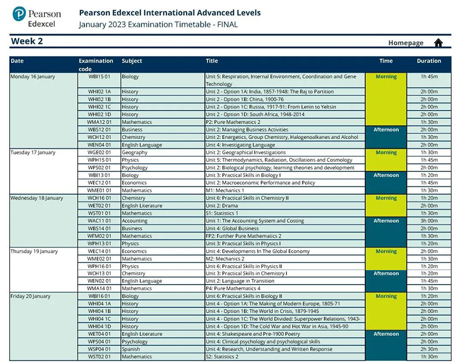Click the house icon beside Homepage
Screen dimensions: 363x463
click(438, 43)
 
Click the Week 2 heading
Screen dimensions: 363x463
click(27, 41)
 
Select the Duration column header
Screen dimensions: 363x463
click(428, 61)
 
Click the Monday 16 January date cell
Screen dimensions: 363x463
click(33, 77)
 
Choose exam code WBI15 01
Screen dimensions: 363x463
click(99, 77)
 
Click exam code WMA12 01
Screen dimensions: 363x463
click(99, 122)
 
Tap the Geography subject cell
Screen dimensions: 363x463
click(135, 153)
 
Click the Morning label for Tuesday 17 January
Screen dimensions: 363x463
click(386, 153)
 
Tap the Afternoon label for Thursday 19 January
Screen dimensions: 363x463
click(386, 274)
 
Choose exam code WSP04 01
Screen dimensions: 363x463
click(99, 349)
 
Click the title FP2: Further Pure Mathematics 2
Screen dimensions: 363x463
click(243, 236)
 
